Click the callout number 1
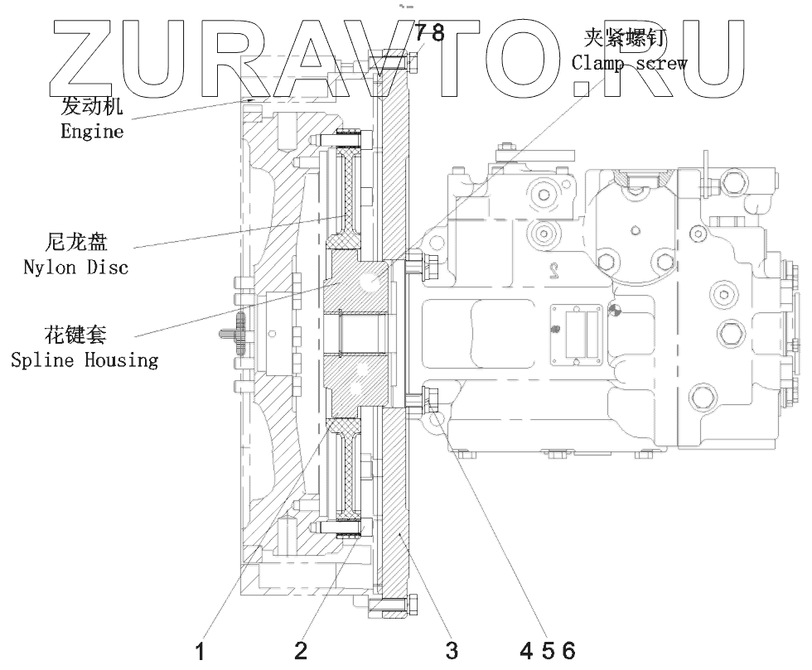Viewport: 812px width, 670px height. (x=199, y=651)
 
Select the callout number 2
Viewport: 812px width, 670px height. (x=301, y=651)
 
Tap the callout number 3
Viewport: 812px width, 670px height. (x=451, y=651)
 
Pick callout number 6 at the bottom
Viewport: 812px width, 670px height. (x=568, y=651)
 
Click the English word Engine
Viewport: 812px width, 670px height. (x=92, y=132)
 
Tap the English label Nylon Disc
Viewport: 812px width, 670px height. (x=76, y=268)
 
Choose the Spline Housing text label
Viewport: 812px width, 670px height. (x=84, y=360)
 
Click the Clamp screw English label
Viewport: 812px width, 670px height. (x=629, y=62)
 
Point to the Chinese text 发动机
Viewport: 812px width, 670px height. (x=93, y=108)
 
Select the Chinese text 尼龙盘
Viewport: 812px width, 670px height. (x=75, y=243)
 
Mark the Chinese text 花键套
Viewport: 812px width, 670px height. (x=75, y=336)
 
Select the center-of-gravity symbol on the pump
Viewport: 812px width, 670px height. (x=614, y=311)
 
